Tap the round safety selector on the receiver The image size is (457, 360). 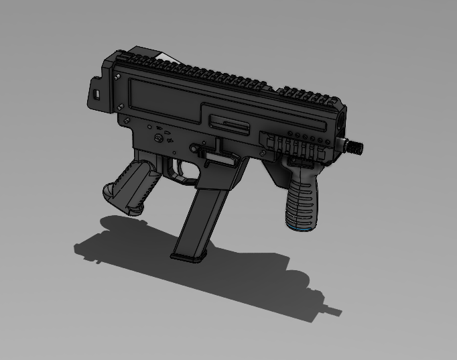(x=159, y=138)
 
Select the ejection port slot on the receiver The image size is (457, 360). (x=228, y=123)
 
